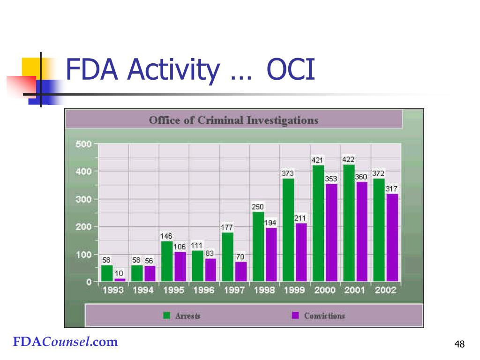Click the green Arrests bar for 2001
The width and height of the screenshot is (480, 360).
tap(348, 223)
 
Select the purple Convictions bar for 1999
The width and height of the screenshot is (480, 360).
tap(301, 252)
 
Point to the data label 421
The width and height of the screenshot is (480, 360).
tap(317, 160)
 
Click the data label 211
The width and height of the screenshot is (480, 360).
tap(300, 218)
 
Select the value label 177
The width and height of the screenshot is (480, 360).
tap(227, 227)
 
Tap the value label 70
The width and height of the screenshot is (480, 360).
tap(240, 257)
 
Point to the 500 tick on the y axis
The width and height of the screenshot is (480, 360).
tap(83, 144)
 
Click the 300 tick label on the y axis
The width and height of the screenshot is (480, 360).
tap(83, 199)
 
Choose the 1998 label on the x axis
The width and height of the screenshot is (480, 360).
tap(264, 290)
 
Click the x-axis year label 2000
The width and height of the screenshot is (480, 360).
tap(324, 290)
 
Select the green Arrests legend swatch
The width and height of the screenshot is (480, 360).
tap(166, 315)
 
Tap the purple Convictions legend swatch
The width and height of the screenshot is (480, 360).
tap(295, 315)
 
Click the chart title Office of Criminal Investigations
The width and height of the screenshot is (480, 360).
tap(233, 120)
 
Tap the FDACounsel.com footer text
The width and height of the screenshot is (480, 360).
tap(65, 342)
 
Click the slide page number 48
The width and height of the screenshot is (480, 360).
tap(459, 345)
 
